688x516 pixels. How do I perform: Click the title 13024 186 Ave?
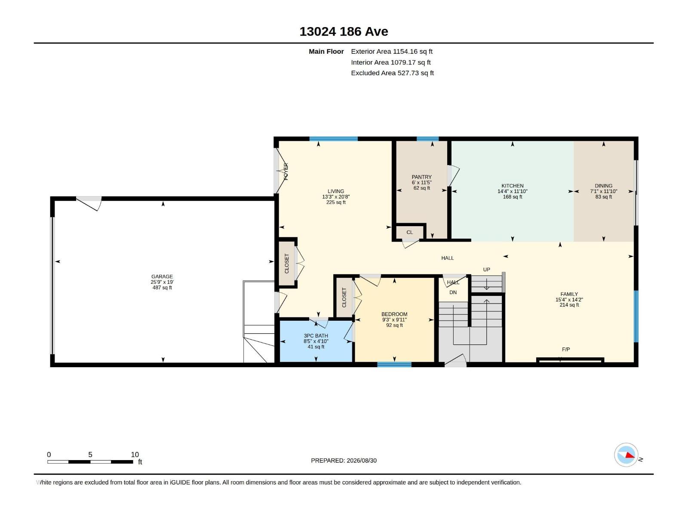coord(344,32)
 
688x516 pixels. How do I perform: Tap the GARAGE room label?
coord(162,276)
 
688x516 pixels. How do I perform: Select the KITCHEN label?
coord(513,186)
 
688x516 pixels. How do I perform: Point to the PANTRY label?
coord(421,177)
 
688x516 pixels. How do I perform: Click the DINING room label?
coord(604,186)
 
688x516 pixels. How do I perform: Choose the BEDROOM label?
coord(394,314)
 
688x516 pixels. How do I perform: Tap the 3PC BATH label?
coord(316,336)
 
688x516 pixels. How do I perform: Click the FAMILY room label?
coord(569,294)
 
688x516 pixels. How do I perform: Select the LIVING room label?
coord(336,191)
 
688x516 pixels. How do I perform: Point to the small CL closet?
coord(410,233)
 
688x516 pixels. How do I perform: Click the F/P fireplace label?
coord(566,349)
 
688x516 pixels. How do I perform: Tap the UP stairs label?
coord(486,270)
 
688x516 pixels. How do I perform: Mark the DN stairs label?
coord(453,292)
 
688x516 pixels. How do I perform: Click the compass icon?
coord(626,455)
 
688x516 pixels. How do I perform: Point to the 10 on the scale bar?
coord(135,455)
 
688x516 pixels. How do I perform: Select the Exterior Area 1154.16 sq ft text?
coord(392,51)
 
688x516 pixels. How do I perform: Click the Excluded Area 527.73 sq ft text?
coord(393,73)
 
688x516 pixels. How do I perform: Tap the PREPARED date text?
coord(344,461)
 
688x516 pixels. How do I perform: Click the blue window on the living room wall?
coord(334,139)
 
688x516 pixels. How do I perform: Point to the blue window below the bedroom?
coord(394,364)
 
